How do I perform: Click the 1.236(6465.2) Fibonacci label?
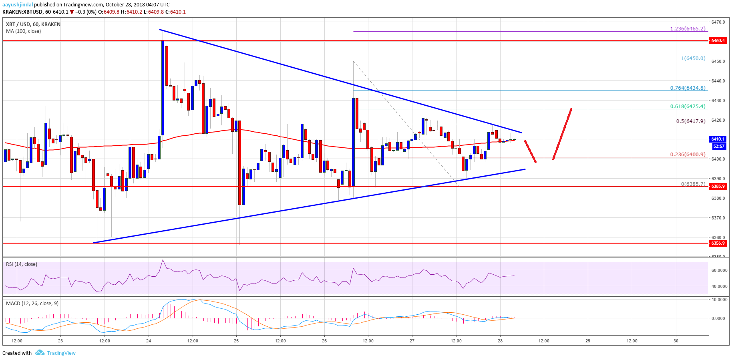click(687, 29)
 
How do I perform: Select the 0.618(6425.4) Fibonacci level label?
click(687, 107)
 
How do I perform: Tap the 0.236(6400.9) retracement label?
click(687, 155)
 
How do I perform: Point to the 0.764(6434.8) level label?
click(687, 88)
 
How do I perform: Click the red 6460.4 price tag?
click(718, 40)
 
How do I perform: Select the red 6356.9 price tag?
click(718, 243)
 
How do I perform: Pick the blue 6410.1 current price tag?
click(718, 139)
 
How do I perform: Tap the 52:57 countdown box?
click(719, 146)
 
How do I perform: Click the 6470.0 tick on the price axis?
click(718, 22)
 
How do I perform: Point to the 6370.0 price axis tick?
click(718, 218)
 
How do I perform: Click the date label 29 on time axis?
click(588, 341)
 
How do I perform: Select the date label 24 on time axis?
click(149, 341)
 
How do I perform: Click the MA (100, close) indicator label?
click(23, 31)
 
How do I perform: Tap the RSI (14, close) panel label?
click(22, 264)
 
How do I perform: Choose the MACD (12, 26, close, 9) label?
click(32, 304)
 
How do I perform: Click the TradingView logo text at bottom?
click(61, 353)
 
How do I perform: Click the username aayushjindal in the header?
click(18, 5)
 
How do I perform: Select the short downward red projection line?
click(530, 151)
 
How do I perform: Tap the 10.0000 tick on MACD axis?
click(719, 300)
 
